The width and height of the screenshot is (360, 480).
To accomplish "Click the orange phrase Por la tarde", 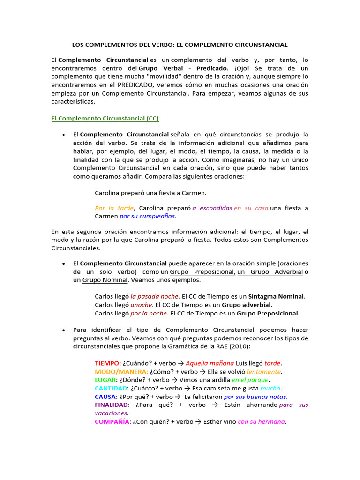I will tap(114, 208).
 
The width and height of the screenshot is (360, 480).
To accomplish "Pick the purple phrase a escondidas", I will tap(212, 208).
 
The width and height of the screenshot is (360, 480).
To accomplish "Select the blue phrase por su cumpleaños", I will tap(147, 216).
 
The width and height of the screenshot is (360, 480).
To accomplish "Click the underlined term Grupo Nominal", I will tap(105, 280).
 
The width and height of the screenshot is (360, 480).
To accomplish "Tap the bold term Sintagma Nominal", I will tap(277, 296).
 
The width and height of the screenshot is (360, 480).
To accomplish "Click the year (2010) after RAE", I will tap(238, 346).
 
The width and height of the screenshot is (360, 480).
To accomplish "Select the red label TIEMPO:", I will tap(108, 363).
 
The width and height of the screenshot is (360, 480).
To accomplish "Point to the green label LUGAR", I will tap(105, 380).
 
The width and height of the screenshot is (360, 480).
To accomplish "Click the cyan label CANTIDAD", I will tap(111, 388).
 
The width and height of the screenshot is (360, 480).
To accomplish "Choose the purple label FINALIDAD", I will tap(112, 405).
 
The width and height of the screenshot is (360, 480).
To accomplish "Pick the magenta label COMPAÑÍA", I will tap(112, 421).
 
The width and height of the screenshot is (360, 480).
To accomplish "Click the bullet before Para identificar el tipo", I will tap(63, 330).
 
